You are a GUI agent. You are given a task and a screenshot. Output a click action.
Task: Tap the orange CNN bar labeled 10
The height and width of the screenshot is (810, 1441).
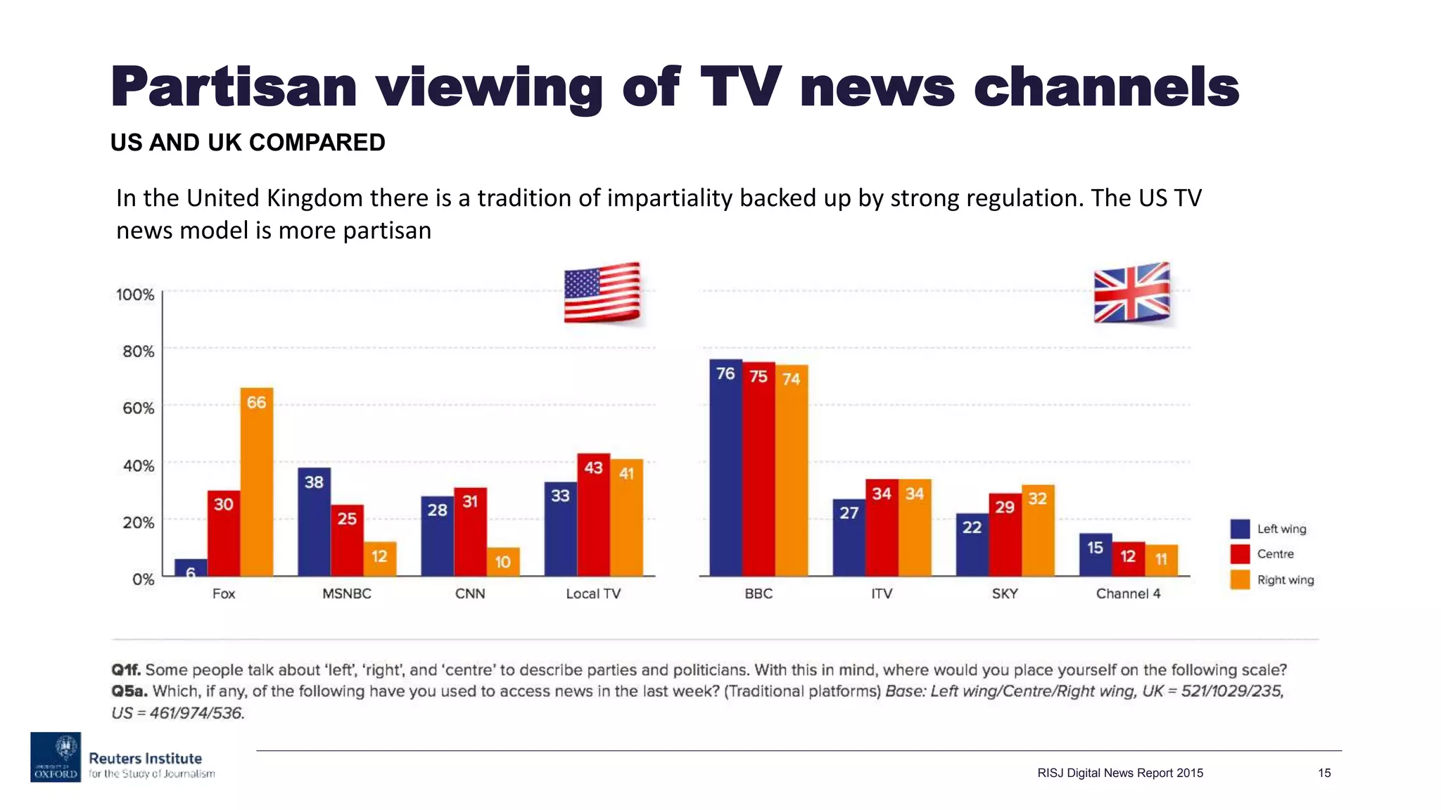click(503, 562)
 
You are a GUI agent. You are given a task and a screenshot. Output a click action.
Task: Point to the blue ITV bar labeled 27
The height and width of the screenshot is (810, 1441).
click(849, 538)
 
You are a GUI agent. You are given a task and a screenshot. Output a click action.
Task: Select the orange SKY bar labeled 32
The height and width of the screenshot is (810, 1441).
click(1038, 531)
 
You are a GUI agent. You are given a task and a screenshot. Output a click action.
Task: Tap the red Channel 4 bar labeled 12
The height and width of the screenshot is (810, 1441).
click(1128, 559)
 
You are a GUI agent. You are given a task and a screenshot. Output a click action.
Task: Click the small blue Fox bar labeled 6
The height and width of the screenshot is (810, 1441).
click(191, 568)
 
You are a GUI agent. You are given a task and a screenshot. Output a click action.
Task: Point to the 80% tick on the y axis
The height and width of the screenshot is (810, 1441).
click(139, 352)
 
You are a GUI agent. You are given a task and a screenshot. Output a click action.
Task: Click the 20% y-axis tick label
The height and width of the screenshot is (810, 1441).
click(139, 522)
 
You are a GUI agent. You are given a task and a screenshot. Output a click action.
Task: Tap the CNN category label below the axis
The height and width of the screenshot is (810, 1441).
click(470, 594)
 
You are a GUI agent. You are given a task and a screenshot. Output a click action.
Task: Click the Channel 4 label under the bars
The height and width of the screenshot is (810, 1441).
click(1128, 594)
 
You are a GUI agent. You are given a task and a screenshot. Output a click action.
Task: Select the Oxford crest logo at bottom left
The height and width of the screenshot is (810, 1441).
click(56, 757)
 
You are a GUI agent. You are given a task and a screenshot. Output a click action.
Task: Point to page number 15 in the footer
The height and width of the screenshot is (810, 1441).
click(1324, 773)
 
